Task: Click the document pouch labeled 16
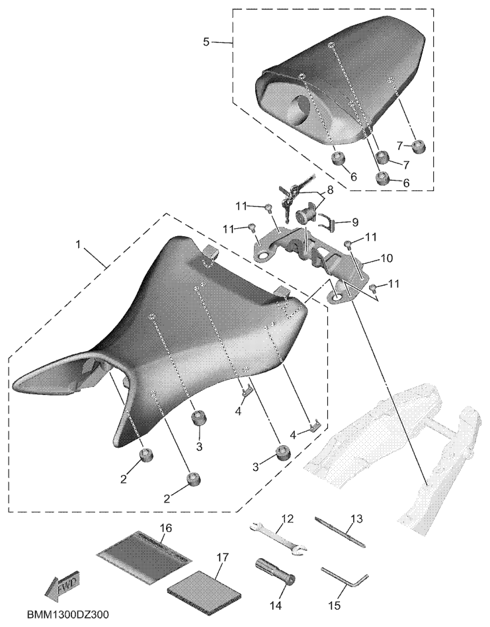point(144,551)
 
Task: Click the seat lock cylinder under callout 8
point(307,217)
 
